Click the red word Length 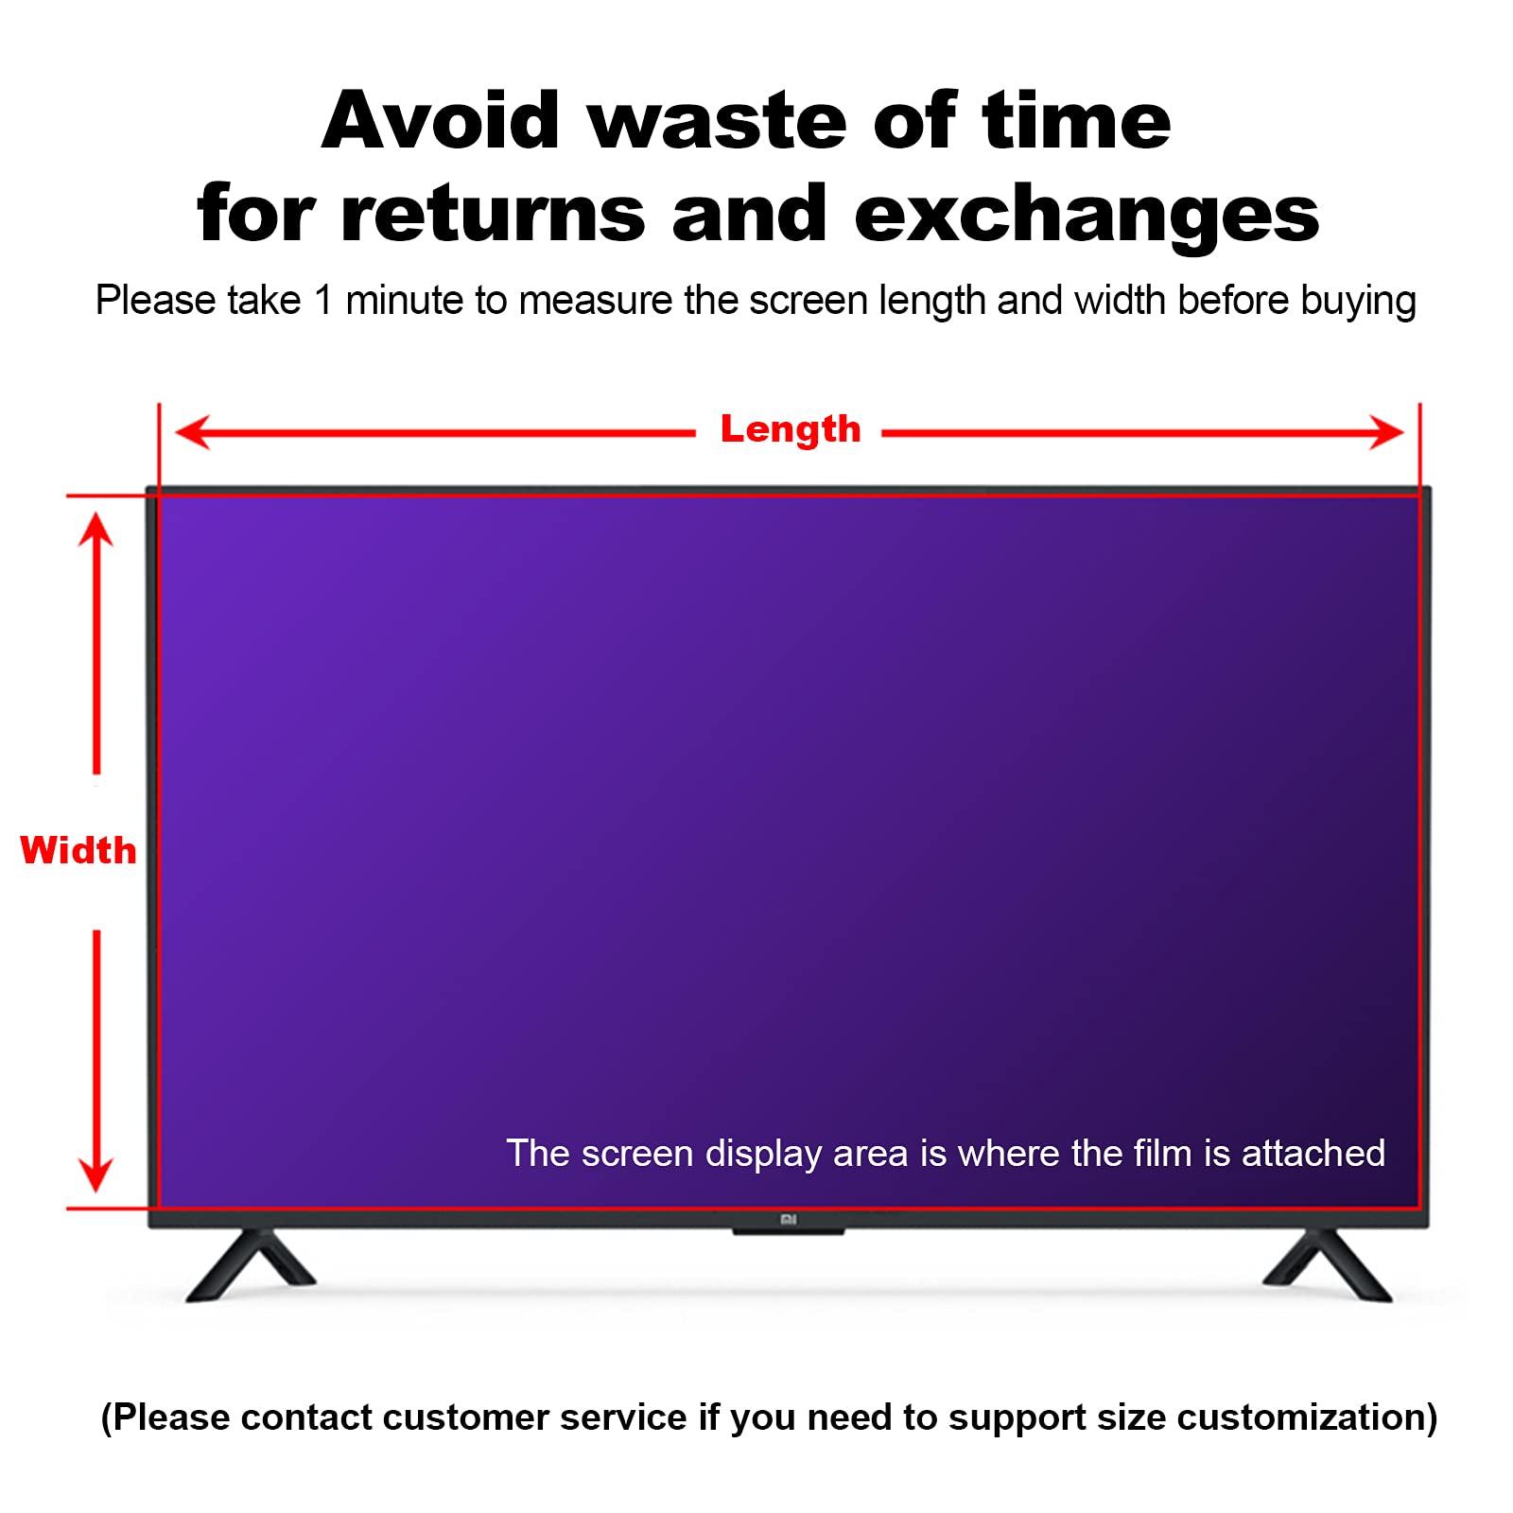(791, 430)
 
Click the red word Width (78, 851)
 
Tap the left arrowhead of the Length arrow (189, 434)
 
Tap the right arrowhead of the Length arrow (1390, 434)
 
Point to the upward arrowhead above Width (96, 530)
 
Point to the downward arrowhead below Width (96, 1174)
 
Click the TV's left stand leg (248, 1265)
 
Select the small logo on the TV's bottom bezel (789, 1220)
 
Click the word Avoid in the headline (441, 121)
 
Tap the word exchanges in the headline (1087, 216)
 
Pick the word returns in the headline (493, 216)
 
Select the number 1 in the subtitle (323, 301)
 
